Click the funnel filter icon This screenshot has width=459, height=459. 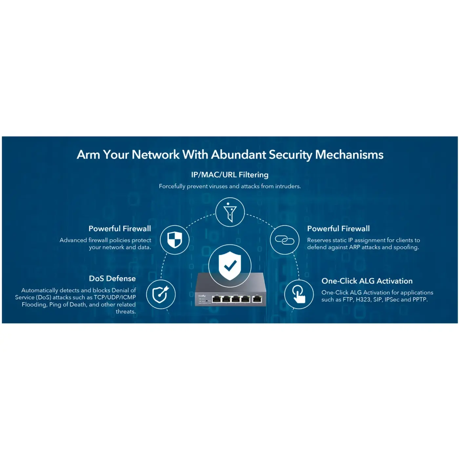point(230,212)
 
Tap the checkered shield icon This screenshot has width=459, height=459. point(175,240)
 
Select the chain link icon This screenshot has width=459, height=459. point(285,240)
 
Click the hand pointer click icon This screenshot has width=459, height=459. point(299,294)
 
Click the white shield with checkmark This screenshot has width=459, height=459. point(230,266)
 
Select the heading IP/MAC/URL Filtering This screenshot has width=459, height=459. point(229,175)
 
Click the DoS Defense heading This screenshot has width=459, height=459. point(112,278)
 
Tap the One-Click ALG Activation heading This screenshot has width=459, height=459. point(367,281)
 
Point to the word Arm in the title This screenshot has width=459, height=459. point(88,155)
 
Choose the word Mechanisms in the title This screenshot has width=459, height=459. point(349,155)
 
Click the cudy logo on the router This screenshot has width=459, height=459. point(202,296)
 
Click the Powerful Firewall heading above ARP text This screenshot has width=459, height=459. point(338,229)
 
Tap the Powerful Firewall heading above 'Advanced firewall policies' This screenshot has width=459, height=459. point(120,229)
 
